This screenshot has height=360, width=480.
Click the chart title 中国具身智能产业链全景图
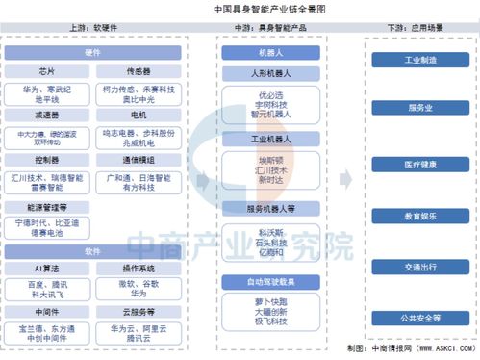(x=241, y=8)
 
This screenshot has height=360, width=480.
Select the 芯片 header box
(x=46, y=70)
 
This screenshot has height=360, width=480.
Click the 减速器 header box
(x=46, y=115)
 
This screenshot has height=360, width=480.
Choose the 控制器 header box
(x=46, y=159)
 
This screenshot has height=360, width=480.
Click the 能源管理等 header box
(x=46, y=205)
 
